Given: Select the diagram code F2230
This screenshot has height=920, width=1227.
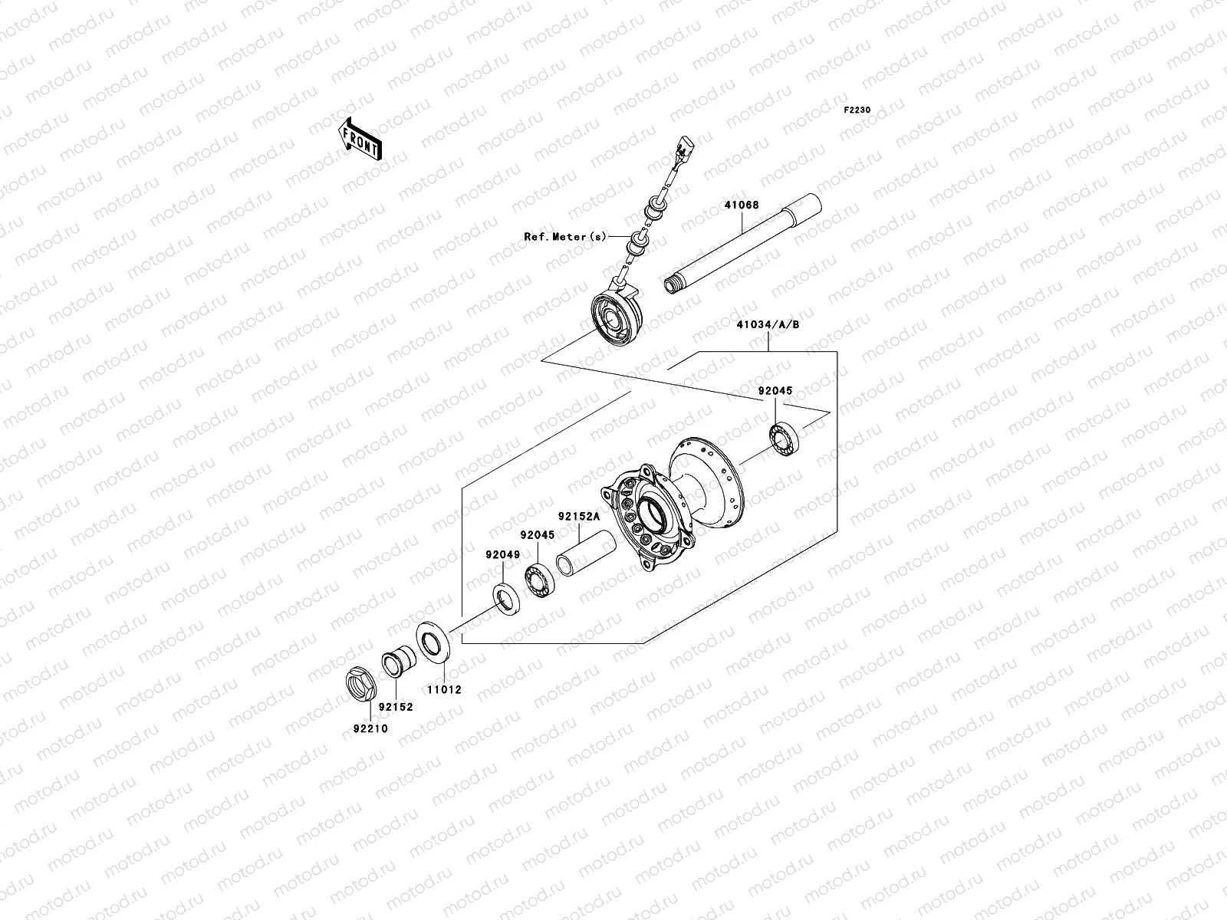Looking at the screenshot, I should [x=857, y=110].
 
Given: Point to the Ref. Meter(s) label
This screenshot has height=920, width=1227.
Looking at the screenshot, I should [x=564, y=236].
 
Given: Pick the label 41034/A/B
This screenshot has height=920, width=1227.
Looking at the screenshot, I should [x=768, y=324].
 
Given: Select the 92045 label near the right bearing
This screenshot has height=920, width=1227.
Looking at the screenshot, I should [x=775, y=391].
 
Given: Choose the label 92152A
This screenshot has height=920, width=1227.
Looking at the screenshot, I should [x=578, y=517].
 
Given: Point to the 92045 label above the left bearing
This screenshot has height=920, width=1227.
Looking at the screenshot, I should [x=536, y=535].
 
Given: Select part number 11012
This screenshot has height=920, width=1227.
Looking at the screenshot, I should [x=445, y=690].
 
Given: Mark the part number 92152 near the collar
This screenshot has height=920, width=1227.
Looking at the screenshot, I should [x=396, y=707].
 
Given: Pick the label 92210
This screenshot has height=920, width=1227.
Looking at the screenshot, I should [x=370, y=728].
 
